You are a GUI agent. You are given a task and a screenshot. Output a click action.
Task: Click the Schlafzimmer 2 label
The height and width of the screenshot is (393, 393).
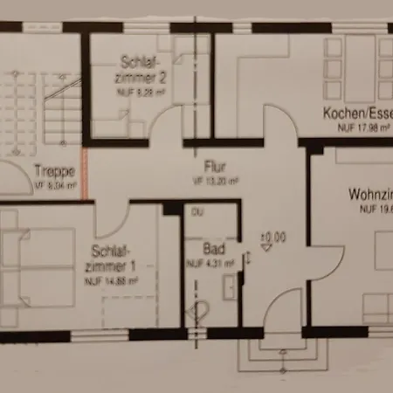click(x=143, y=68)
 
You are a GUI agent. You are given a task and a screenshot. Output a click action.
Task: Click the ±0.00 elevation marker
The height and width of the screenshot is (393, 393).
click(x=272, y=236)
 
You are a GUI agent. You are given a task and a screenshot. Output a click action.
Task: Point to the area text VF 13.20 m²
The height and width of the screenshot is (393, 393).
click(x=210, y=181)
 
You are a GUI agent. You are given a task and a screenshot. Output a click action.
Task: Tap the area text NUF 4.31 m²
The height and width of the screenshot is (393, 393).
click(x=210, y=262)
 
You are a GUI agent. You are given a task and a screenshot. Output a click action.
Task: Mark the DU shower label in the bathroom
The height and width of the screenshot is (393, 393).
click(x=197, y=212)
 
